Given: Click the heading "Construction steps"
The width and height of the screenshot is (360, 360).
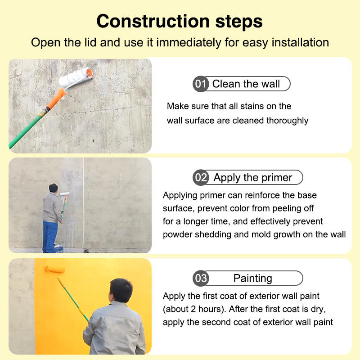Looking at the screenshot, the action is [x=180, y=21].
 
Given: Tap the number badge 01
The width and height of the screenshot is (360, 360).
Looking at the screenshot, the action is [x=201, y=84].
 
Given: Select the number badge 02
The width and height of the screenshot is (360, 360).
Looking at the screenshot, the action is [x=201, y=177].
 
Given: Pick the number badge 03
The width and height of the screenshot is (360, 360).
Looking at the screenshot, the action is [x=201, y=278].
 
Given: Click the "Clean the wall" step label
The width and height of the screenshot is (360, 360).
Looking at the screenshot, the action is [x=246, y=84].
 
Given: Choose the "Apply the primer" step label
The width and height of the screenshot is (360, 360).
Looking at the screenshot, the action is [x=252, y=178].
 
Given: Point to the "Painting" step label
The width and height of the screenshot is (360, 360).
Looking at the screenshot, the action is [x=253, y=279].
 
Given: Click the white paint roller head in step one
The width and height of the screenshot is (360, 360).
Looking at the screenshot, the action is [x=75, y=76].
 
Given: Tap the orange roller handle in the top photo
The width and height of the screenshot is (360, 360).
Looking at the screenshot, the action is [x=56, y=99].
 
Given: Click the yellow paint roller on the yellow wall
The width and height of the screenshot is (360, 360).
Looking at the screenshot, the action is [x=54, y=270].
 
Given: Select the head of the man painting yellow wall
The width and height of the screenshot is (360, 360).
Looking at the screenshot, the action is [x=121, y=290].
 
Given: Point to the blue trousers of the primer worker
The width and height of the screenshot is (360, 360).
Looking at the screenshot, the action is [x=50, y=237].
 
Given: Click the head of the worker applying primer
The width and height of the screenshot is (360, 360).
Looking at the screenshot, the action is [x=54, y=188].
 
